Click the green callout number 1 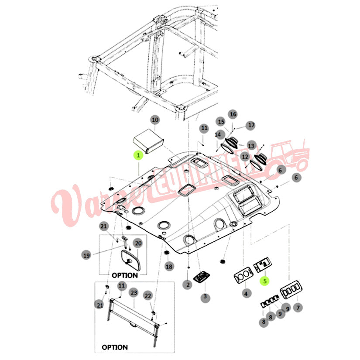point(138,155)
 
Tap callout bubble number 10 point(155,120)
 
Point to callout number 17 point(251,125)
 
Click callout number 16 point(233,114)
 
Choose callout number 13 point(251,145)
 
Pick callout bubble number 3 point(205,298)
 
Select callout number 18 point(169,266)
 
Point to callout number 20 point(138,243)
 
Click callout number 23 point(134,292)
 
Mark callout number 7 point(298,308)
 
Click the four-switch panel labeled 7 point(291,290)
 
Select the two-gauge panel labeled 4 point(242,276)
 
